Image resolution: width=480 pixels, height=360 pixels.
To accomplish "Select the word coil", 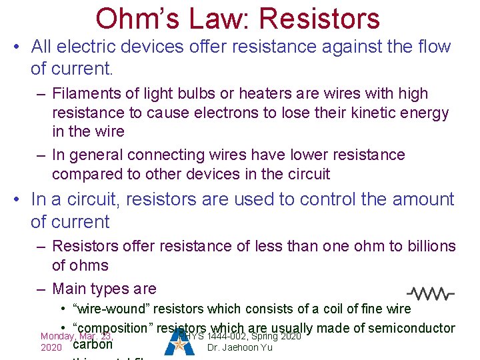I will click(345, 309).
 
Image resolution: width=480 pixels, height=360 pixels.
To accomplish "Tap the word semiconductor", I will click(411, 328).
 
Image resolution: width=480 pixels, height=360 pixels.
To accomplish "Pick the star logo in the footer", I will click(180, 343).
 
